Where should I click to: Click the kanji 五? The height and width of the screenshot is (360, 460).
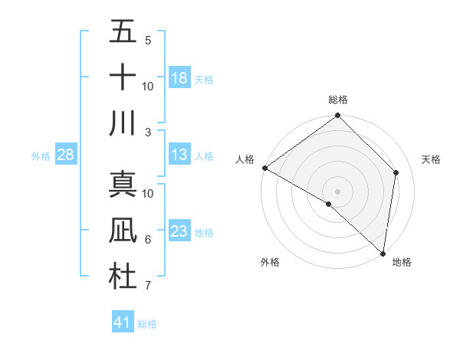click(123, 31)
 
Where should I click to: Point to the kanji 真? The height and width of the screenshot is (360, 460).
click(123, 185)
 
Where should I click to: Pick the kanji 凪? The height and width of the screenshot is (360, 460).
click(123, 231)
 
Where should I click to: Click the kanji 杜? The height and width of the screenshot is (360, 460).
click(123, 277)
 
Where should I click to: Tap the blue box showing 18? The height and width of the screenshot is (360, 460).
click(179, 78)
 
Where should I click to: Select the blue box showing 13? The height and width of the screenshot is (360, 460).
click(179, 155)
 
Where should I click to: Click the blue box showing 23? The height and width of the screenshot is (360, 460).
click(179, 231)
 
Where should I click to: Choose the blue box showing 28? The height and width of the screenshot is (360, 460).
click(66, 155)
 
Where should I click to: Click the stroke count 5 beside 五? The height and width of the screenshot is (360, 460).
click(148, 40)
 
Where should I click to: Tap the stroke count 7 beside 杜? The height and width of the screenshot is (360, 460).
click(148, 286)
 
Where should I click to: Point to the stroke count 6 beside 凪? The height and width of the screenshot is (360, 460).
click(148, 240)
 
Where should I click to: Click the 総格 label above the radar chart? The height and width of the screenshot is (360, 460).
click(338, 100)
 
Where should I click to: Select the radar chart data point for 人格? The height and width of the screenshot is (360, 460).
click(264, 168)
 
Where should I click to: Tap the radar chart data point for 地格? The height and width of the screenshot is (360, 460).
click(383, 253)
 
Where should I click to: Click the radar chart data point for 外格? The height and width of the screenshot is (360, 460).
click(329, 204)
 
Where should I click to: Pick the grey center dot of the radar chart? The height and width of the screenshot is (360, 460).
click(338, 191)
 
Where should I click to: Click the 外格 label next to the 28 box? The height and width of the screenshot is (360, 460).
click(41, 156)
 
